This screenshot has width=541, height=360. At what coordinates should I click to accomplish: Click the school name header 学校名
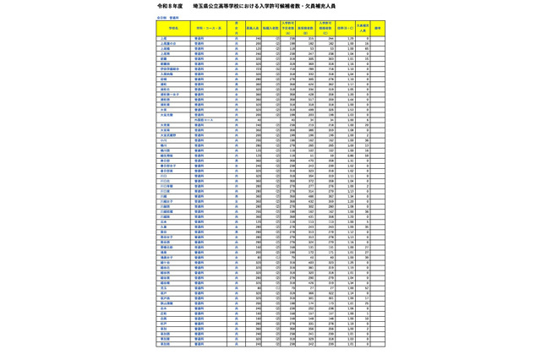pos(173,28)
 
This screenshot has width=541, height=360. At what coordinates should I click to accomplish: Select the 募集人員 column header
pos(252,28)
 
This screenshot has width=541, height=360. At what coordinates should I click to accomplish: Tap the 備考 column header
pos(377,28)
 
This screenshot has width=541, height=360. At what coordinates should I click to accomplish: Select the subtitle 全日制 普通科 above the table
pos(168,17)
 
